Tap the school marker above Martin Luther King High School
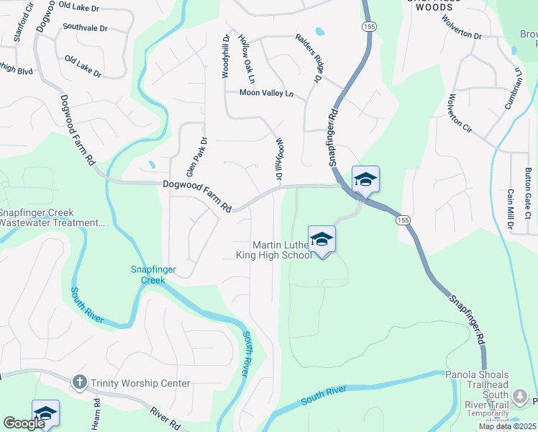(322, 240)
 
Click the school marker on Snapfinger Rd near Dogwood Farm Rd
(365, 180)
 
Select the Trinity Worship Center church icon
(79, 383)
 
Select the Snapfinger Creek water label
(147, 275)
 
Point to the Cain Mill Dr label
(510, 210)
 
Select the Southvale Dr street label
(84, 27)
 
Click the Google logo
(24, 423)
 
